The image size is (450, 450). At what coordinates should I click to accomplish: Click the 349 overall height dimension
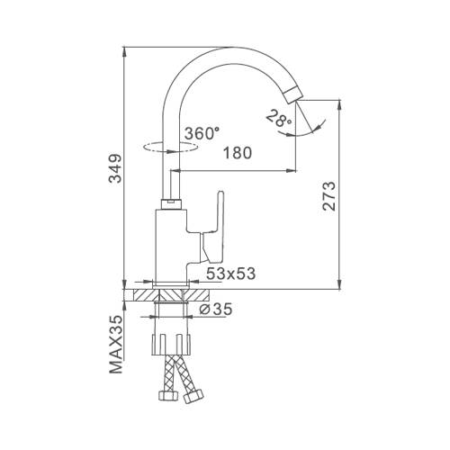115,168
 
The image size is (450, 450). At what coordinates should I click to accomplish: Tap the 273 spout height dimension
328,196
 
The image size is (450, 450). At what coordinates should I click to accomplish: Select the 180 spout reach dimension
238,153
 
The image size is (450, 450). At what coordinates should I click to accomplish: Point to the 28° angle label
277,119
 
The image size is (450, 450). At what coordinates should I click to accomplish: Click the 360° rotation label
202,133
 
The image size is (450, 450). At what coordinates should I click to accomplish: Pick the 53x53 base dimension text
231,274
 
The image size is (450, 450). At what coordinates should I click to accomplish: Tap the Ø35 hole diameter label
216,309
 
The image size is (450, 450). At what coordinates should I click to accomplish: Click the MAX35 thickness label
116,345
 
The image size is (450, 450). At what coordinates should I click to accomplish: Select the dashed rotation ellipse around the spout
171,148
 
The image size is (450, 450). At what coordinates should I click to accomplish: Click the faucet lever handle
214,228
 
